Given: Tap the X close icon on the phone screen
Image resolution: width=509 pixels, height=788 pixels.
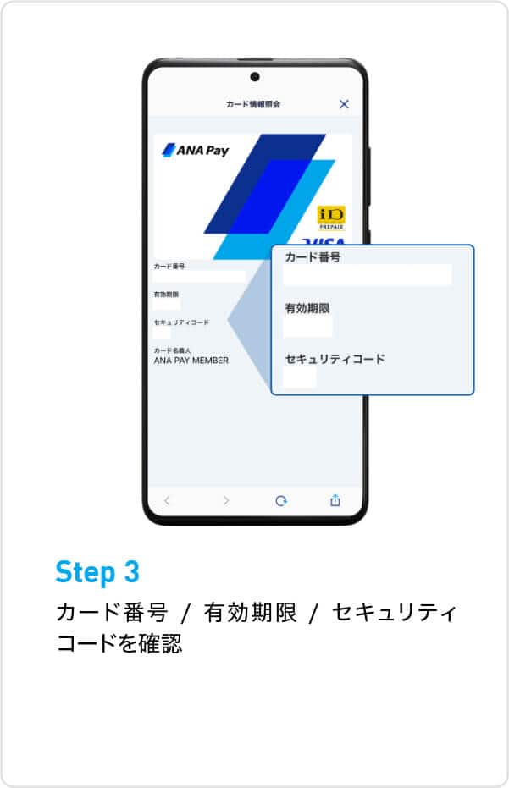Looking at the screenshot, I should pyautogui.click(x=344, y=104).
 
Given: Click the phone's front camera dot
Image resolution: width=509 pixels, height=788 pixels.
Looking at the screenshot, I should pyautogui.click(x=255, y=77).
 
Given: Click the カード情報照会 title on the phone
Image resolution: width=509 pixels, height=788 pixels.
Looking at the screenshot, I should pyautogui.click(x=253, y=104).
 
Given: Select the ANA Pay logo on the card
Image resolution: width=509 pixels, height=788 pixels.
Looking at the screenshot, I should pyautogui.click(x=196, y=151).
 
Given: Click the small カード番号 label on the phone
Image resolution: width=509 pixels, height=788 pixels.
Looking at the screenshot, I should pyautogui.click(x=169, y=266).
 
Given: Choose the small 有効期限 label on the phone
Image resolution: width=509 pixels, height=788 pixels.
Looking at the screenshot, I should pyautogui.click(x=166, y=294).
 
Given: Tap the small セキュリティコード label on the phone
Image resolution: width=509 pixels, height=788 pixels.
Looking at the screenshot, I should pyautogui.click(x=180, y=322).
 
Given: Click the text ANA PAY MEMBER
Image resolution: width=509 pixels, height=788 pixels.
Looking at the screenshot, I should pyautogui.click(x=191, y=360).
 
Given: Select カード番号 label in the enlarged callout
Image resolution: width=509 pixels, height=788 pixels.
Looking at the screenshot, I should pyautogui.click(x=313, y=257).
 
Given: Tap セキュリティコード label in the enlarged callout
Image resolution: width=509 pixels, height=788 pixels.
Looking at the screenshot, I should pyautogui.click(x=335, y=359).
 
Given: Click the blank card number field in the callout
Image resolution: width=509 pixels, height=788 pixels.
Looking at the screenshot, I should pyautogui.click(x=367, y=275).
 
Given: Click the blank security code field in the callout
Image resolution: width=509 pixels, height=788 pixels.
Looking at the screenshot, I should pyautogui.click(x=300, y=377).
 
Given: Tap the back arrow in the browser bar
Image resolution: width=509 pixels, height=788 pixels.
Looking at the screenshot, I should pyautogui.click(x=167, y=500).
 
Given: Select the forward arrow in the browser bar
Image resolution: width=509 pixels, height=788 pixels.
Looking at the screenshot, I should pyautogui.click(x=225, y=500).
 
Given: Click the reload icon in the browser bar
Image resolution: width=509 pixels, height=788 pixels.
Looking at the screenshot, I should pyautogui.click(x=281, y=500).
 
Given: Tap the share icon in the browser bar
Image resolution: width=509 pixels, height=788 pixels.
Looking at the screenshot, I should pyautogui.click(x=335, y=500).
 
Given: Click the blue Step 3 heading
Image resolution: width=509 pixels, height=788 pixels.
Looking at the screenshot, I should pyautogui.click(x=97, y=572).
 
